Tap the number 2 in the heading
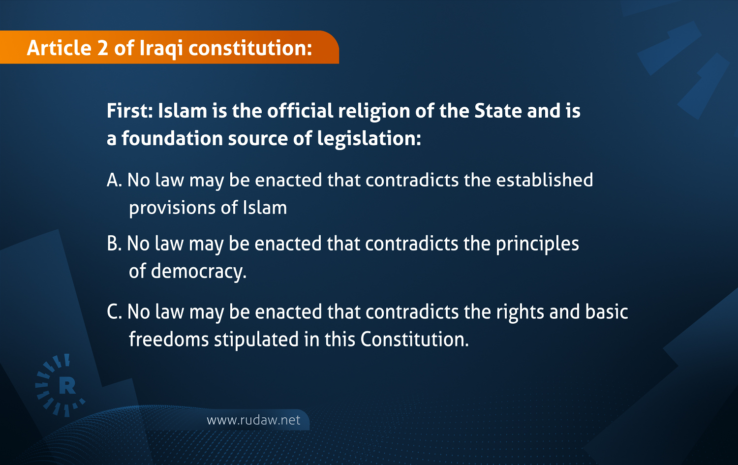coord(102,48)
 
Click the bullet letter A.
coord(113,180)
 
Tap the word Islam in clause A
coord(265,208)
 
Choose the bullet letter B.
coord(113,244)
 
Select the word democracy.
coord(198,272)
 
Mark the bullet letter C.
coord(113,312)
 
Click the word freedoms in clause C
coord(169,340)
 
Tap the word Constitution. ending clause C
coord(414,340)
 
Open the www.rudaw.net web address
coord(253,420)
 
